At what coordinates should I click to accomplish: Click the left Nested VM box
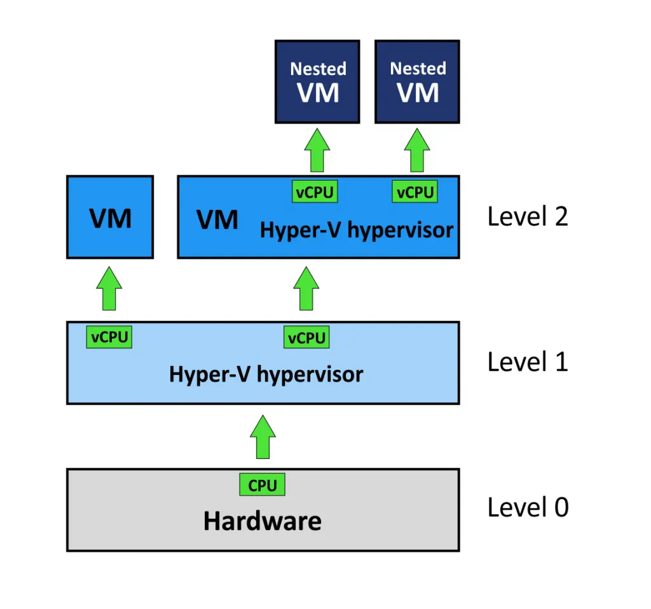[317, 82]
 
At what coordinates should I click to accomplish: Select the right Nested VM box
[417, 82]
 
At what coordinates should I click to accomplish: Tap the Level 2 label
[527, 217]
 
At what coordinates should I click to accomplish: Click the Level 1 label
[527, 362]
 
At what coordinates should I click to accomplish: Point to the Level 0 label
[528, 507]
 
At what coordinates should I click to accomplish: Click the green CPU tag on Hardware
[263, 485]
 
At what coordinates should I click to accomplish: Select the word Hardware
[262, 521]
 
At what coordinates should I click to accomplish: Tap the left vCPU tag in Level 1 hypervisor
[109, 337]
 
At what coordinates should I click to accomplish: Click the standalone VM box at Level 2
[110, 217]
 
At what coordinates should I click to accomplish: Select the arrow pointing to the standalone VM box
[110, 289]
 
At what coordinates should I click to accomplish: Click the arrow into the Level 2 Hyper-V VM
[306, 289]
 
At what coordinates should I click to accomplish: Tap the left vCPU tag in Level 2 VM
[315, 192]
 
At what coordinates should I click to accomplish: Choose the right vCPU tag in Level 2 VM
[415, 192]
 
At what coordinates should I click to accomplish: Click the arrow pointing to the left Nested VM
[317, 150]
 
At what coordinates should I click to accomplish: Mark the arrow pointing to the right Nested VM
[417, 150]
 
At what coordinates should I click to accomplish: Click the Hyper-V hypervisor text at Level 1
[266, 374]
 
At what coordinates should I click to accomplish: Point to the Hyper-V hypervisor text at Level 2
[357, 229]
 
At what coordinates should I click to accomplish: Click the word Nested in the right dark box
[418, 68]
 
